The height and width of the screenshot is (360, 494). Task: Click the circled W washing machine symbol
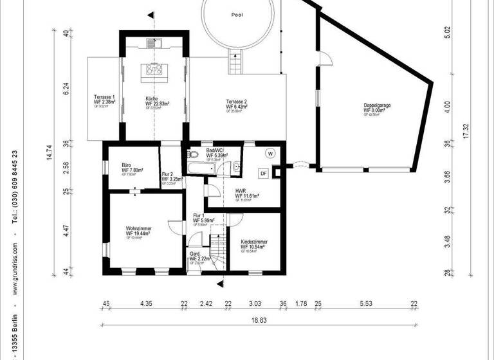[x=270, y=154]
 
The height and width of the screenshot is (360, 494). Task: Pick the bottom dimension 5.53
[x=366, y=303]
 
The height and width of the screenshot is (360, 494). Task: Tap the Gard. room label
[x=195, y=255]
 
